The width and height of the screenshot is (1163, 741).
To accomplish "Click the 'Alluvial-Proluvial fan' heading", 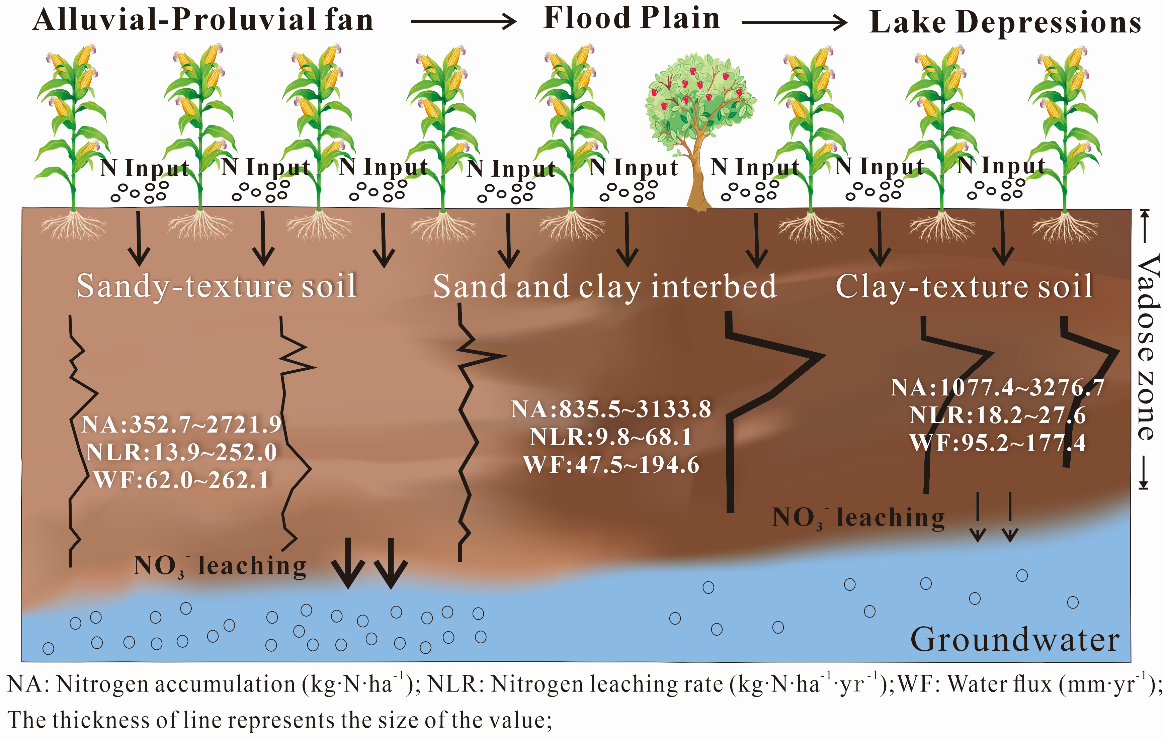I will (x=203, y=20).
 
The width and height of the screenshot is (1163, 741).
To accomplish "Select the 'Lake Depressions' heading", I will (x=1005, y=22).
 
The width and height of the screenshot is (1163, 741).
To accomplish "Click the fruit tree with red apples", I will (x=700, y=97).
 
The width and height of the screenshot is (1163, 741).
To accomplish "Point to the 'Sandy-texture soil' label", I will (x=217, y=286).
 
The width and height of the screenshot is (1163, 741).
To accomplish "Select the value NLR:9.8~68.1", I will (x=611, y=437).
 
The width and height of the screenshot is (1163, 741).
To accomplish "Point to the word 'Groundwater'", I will (x=1015, y=640).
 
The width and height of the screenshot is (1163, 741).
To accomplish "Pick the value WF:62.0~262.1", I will (x=181, y=481).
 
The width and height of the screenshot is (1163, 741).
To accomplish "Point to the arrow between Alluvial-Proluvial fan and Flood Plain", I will (x=463, y=21).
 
